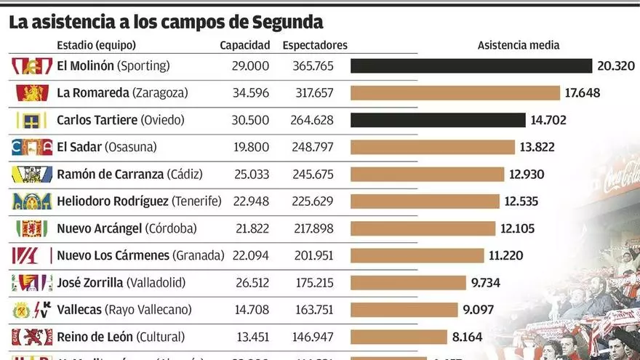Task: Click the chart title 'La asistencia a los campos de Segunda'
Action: (166, 22)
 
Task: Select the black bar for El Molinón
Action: (471, 66)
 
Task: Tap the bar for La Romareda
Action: (455, 93)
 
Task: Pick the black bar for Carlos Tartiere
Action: (438, 120)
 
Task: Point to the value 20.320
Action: (616, 66)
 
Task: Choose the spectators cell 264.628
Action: (314, 120)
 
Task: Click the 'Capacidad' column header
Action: (245, 45)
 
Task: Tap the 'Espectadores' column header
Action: (315, 45)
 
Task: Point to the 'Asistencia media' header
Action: (519, 45)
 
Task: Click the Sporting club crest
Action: (32, 66)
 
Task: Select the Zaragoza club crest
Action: (32, 93)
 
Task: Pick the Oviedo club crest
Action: (32, 120)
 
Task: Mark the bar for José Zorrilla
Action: (408, 282)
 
